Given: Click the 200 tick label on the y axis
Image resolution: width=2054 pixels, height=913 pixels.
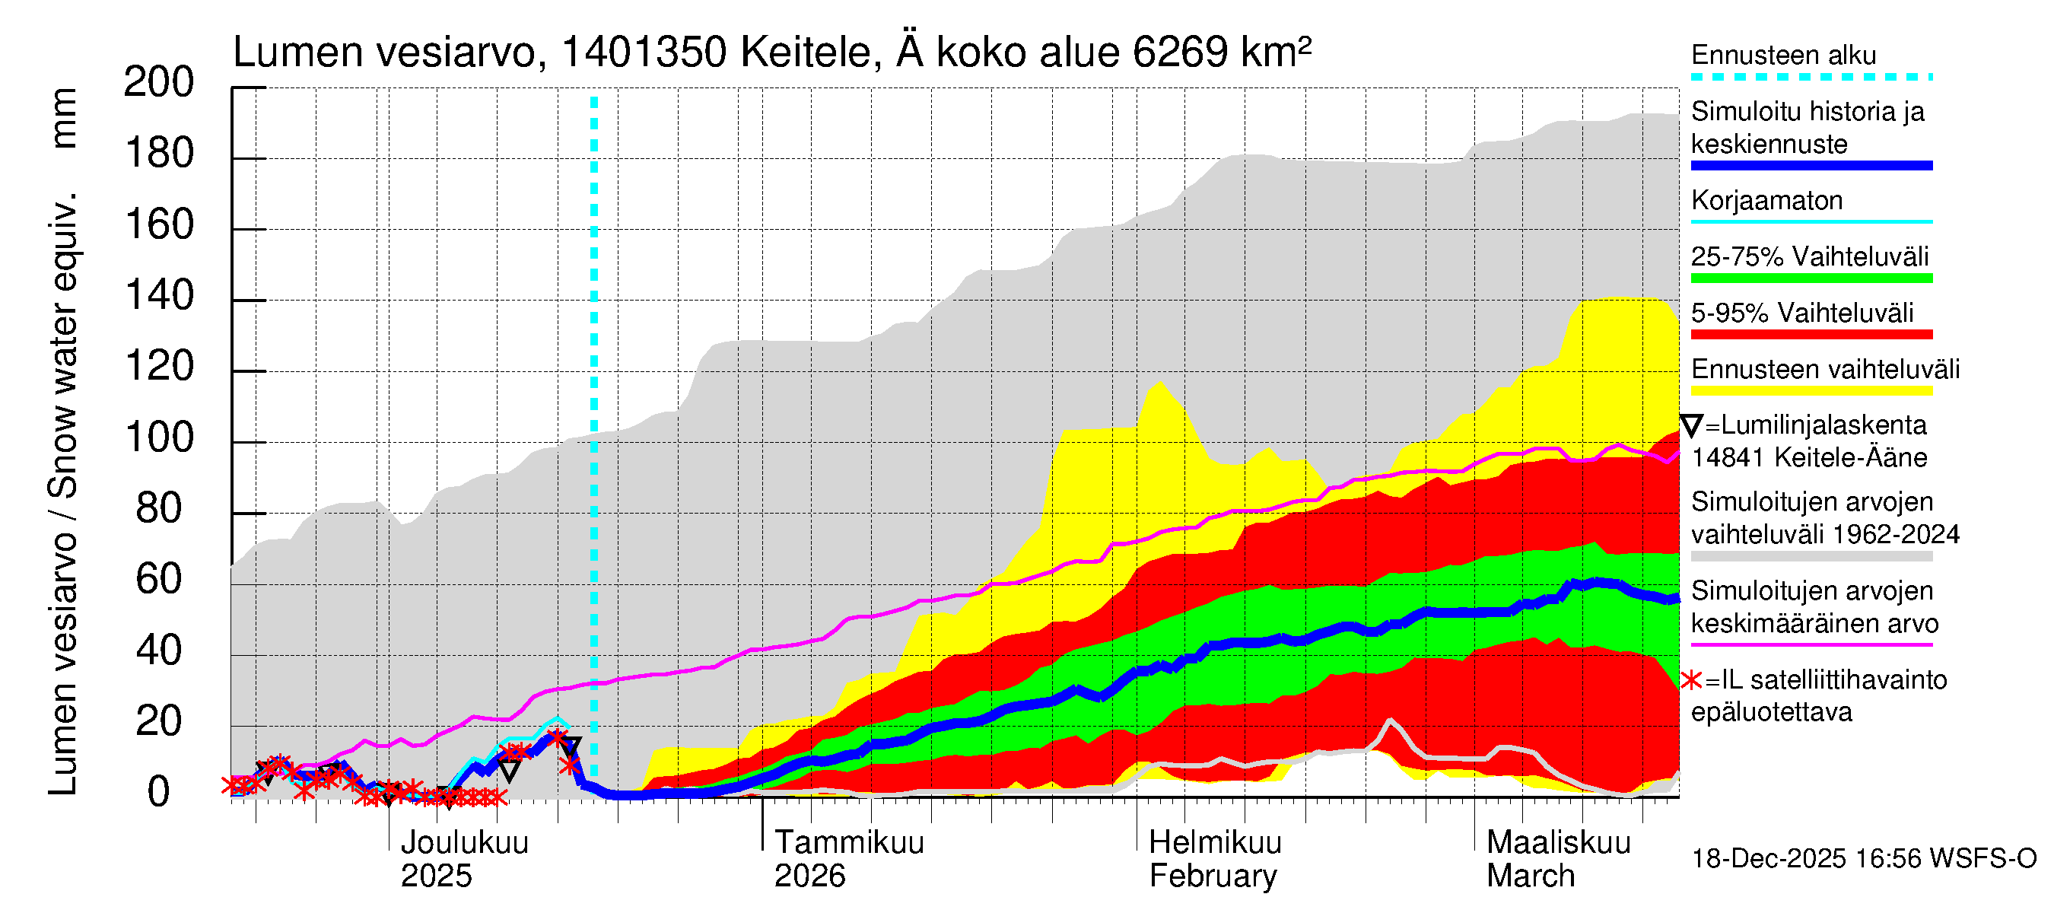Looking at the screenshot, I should (159, 83).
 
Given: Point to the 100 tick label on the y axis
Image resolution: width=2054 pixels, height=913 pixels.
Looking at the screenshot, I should (159, 438).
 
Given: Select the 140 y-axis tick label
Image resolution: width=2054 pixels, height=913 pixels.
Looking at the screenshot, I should (159, 297).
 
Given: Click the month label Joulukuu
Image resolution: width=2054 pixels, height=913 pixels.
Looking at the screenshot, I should (464, 843).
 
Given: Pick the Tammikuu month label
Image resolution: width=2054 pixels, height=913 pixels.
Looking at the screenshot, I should (848, 843).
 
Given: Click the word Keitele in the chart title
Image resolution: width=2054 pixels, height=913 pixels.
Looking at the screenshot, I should (809, 52).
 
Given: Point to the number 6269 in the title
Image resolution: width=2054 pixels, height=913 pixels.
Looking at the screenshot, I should (1180, 52).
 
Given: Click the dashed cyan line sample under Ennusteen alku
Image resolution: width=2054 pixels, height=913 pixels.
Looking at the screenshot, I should (1811, 78).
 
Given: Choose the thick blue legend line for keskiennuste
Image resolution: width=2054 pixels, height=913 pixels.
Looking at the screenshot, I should (1811, 166).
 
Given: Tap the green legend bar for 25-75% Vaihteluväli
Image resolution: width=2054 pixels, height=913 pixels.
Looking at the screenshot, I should (1811, 278).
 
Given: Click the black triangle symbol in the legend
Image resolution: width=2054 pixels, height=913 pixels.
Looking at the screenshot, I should (1691, 425).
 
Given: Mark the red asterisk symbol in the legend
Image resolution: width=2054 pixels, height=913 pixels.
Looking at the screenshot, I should (1691, 680).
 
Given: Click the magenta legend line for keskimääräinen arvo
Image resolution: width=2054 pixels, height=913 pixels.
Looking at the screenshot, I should (1811, 644).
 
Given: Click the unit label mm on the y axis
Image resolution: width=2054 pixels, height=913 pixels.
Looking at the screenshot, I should (64, 118).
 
